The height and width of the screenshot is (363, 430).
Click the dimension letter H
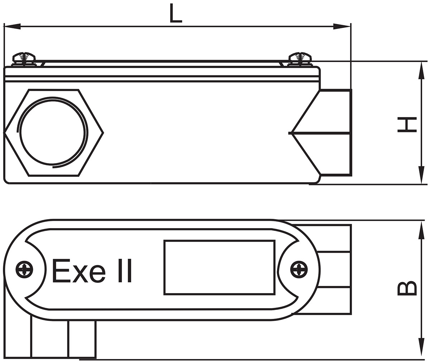point(407,124)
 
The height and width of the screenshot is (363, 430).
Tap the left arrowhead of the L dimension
point(11,26)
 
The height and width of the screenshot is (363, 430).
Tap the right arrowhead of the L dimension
point(342,26)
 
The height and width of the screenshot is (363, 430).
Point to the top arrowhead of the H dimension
point(421,70)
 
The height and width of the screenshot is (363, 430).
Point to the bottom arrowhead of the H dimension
point(421,176)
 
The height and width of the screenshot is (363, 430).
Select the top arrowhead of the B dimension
point(421,230)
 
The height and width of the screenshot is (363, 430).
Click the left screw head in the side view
point(24,58)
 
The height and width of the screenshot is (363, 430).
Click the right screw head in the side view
point(300,58)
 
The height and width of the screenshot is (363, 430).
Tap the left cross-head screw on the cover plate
point(24,270)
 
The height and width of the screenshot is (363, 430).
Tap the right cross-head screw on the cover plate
point(298,270)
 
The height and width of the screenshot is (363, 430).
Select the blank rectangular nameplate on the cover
point(219,268)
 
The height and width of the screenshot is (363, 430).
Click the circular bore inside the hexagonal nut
point(53,133)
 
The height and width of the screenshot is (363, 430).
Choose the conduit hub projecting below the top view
point(63,339)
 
